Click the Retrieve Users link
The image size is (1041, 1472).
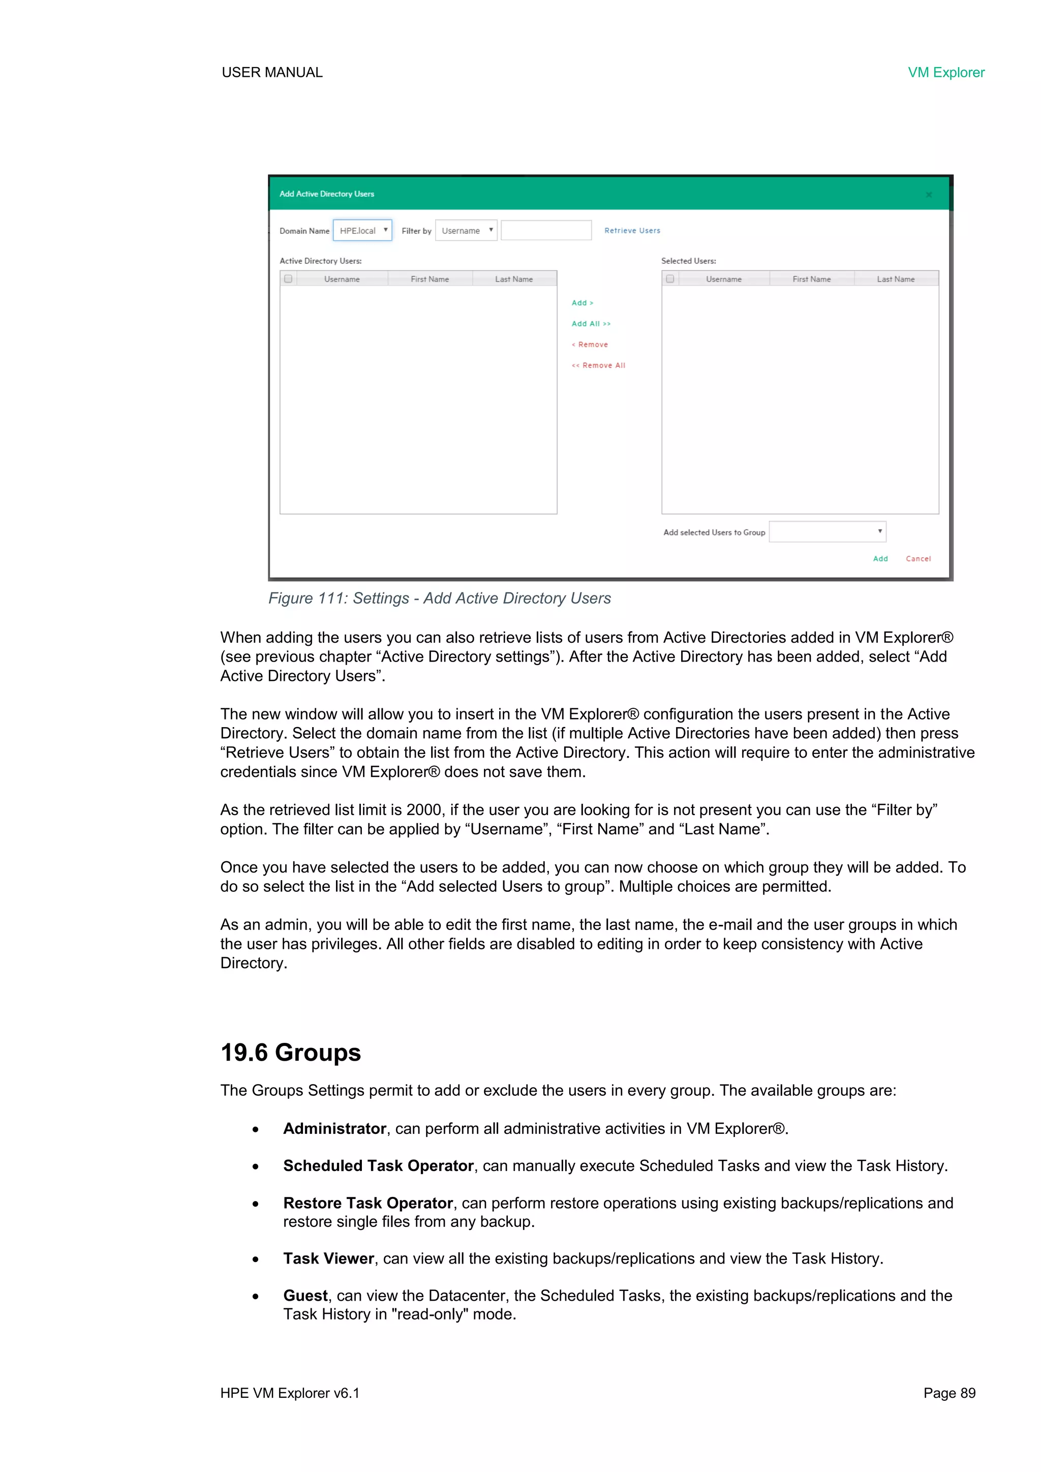pyautogui.click(x=632, y=231)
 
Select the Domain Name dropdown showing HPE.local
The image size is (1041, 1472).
pyautogui.click(x=362, y=231)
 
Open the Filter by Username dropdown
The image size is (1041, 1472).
pyautogui.click(x=466, y=231)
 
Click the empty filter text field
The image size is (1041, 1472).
pyautogui.click(x=546, y=231)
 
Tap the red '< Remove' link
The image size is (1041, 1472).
pyautogui.click(x=590, y=345)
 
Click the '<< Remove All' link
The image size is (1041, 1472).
pyautogui.click(x=599, y=366)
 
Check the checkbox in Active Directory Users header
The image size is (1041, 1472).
pyautogui.click(x=288, y=279)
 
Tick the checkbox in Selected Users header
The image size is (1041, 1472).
pyautogui.click(x=670, y=279)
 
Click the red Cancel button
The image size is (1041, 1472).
pyautogui.click(x=918, y=559)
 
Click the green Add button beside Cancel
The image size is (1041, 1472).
pyautogui.click(x=880, y=559)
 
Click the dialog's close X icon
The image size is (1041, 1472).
pyautogui.click(x=929, y=194)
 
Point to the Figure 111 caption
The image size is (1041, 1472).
pyautogui.click(x=439, y=598)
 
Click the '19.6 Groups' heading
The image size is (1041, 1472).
pyautogui.click(x=290, y=1053)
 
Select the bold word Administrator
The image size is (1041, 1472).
pyautogui.click(x=334, y=1128)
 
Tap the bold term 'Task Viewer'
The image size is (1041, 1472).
pyautogui.click(x=328, y=1258)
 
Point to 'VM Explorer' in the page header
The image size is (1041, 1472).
pyautogui.click(x=945, y=72)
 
